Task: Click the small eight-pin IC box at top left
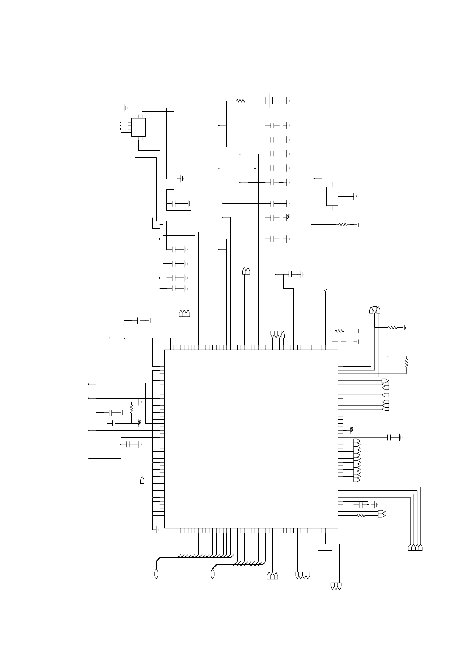pyautogui.click(x=138, y=127)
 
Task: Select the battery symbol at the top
pyautogui.click(x=267, y=101)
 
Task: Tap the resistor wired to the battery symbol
pyautogui.click(x=241, y=101)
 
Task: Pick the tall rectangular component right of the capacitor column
pyautogui.click(x=332, y=196)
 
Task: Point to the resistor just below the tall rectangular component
pyautogui.click(x=343, y=225)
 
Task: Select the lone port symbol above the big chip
pyautogui.click(x=326, y=288)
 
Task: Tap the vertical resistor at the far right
pyautogui.click(x=406, y=363)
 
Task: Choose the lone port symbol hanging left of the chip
pyautogui.click(x=142, y=480)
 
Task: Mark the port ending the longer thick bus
pyautogui.click(x=156, y=575)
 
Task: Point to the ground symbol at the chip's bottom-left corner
pyautogui.click(x=158, y=529)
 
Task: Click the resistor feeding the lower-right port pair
pyautogui.click(x=361, y=516)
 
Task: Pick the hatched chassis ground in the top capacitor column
pyautogui.click(x=288, y=217)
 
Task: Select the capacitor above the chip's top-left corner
pyautogui.click(x=141, y=321)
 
